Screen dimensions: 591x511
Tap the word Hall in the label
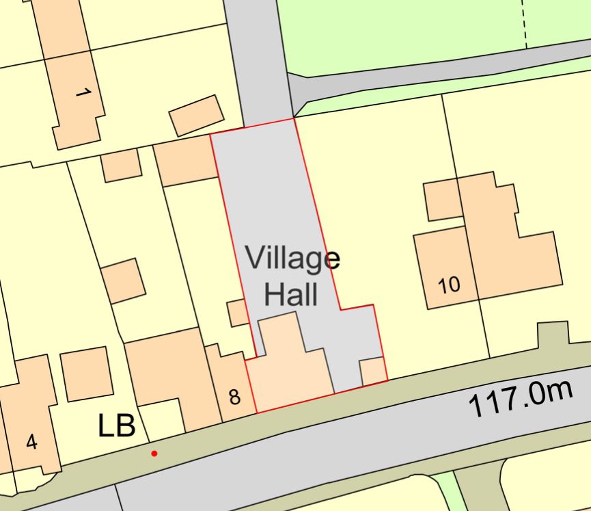291,295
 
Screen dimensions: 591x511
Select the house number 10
449,285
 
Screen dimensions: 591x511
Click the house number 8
234,397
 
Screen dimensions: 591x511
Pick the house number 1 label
83,91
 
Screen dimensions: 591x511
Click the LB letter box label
117,425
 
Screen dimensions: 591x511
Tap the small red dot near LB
154,453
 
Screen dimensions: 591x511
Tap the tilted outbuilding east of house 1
196,115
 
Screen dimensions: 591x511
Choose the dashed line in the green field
526,23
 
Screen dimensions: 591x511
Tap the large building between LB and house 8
167,373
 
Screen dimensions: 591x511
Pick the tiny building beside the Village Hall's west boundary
238,313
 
